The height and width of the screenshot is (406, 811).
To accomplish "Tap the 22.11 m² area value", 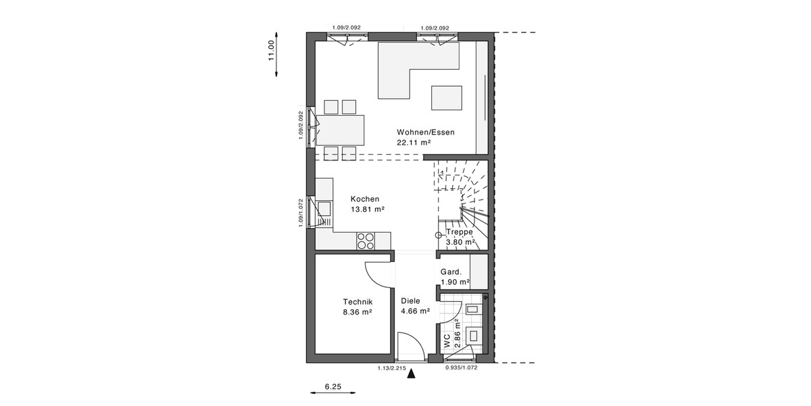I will click(x=414, y=143).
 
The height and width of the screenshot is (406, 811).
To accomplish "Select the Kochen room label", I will click(x=365, y=199).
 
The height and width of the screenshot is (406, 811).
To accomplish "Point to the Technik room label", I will click(x=358, y=302).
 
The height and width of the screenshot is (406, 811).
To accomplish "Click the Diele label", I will click(x=410, y=301).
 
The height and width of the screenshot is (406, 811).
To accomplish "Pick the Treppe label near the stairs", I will click(x=460, y=231).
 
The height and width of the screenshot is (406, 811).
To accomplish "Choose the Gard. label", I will click(x=451, y=272).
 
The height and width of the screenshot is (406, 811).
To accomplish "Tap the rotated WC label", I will click(x=447, y=342).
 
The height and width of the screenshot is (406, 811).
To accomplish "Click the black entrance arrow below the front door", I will click(x=411, y=371).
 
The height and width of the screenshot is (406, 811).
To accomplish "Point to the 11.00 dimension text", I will click(x=272, y=51).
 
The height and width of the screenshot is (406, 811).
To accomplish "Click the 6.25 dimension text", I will click(x=333, y=386).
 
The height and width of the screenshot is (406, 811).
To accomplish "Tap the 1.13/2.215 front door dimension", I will click(x=391, y=368).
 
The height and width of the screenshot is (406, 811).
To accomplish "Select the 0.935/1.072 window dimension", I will click(x=462, y=368).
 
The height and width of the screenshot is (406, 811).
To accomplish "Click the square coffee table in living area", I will click(x=447, y=97).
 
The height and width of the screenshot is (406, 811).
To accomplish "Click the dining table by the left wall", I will click(x=340, y=130).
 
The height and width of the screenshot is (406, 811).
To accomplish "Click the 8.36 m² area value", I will click(x=358, y=313).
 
